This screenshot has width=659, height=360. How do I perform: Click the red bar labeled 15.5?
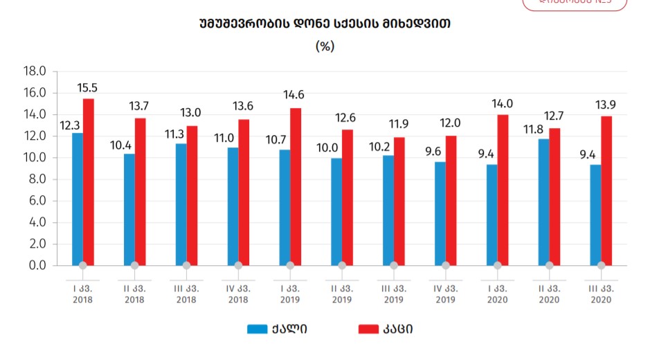tap(89, 181)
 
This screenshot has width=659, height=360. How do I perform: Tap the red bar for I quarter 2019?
tap(296, 186)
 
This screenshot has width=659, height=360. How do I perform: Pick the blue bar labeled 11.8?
tap(543, 201)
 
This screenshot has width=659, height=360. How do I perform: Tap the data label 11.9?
tap(398, 125)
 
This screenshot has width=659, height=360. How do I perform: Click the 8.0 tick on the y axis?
tap(37, 179)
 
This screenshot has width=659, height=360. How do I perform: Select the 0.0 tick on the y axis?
tap(37, 265)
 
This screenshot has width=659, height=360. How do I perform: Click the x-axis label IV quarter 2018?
tap(237, 294)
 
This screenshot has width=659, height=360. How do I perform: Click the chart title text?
tap(325, 24)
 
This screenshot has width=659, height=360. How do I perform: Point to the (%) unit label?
tap(325, 46)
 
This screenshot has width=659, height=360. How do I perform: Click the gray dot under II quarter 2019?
tap(342, 265)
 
